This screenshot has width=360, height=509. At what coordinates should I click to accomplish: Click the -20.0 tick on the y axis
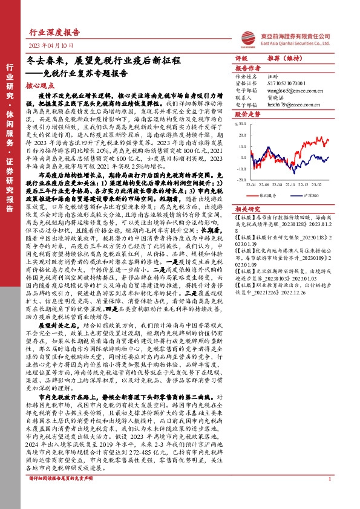[x=241, y=180]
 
